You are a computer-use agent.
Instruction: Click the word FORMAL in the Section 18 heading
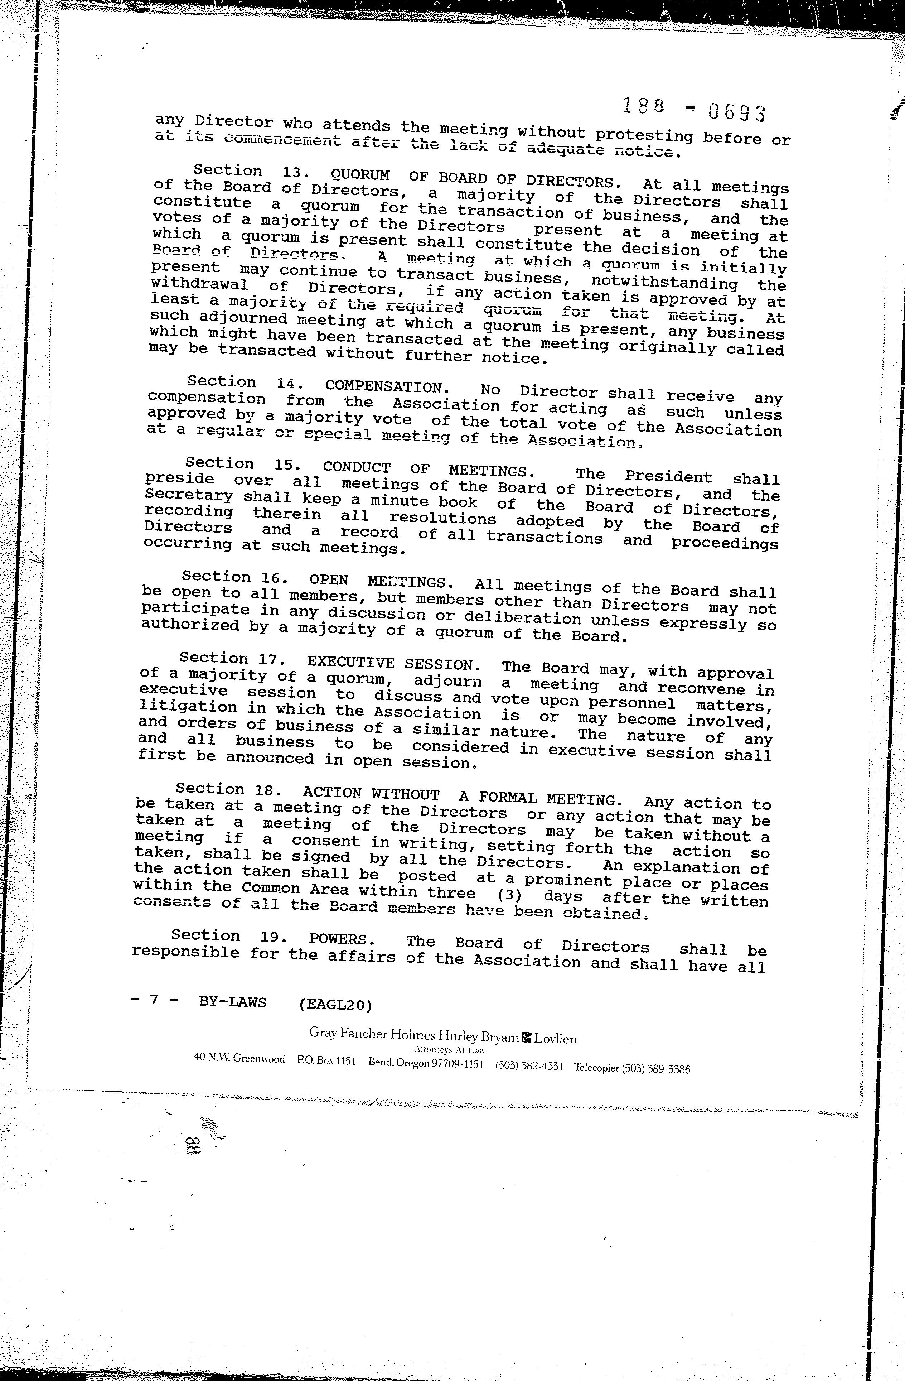point(501,797)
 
